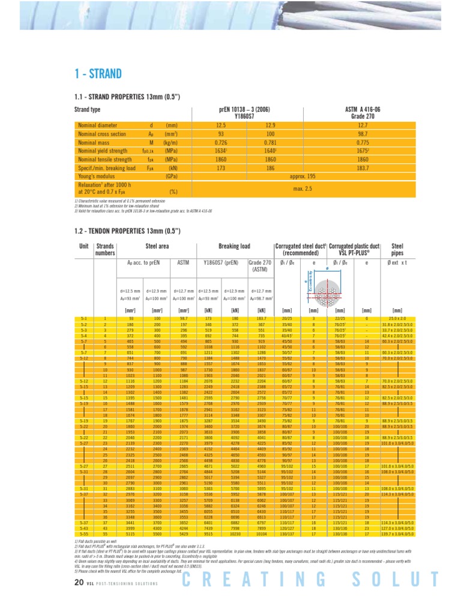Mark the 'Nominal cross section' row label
[x=102, y=134]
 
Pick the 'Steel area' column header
[x=157, y=246]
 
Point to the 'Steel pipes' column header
[x=397, y=249]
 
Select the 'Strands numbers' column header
[x=105, y=249]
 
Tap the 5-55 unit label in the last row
[x=83, y=533]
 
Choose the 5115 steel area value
[x=131, y=533]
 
